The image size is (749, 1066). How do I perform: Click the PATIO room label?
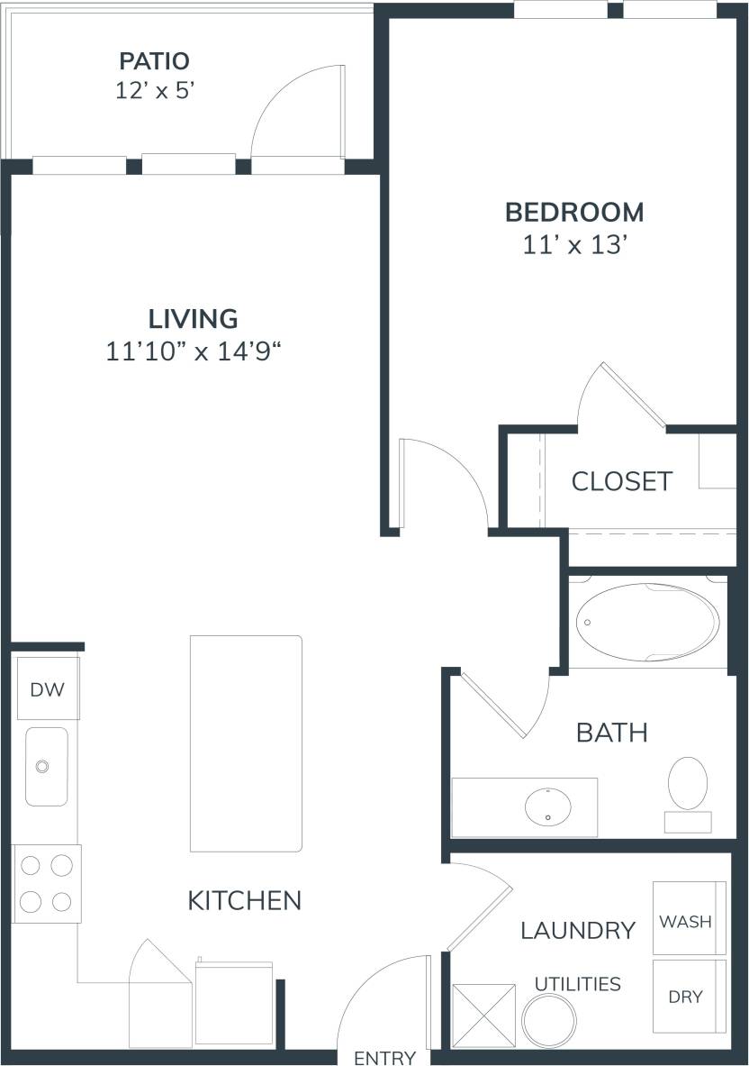click(155, 61)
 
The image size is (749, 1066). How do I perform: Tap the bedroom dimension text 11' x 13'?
click(574, 244)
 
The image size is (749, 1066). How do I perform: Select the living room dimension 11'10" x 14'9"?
click(194, 351)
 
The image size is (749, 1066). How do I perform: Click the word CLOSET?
click(621, 481)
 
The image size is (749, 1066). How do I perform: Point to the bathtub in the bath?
click(648, 622)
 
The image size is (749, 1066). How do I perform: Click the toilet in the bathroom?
click(689, 782)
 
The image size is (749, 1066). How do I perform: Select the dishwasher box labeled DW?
click(48, 689)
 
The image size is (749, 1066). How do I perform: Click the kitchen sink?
click(45, 766)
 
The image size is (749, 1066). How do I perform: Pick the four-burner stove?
click(46, 883)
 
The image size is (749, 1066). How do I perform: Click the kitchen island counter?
click(246, 743)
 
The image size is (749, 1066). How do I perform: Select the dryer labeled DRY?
click(689, 997)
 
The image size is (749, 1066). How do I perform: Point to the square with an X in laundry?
click(483, 1016)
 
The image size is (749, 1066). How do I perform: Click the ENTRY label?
click(384, 1057)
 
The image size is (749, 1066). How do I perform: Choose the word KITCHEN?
click(244, 899)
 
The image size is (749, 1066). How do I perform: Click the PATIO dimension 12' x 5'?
click(155, 92)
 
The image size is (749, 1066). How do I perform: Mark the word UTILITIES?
click(577, 983)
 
